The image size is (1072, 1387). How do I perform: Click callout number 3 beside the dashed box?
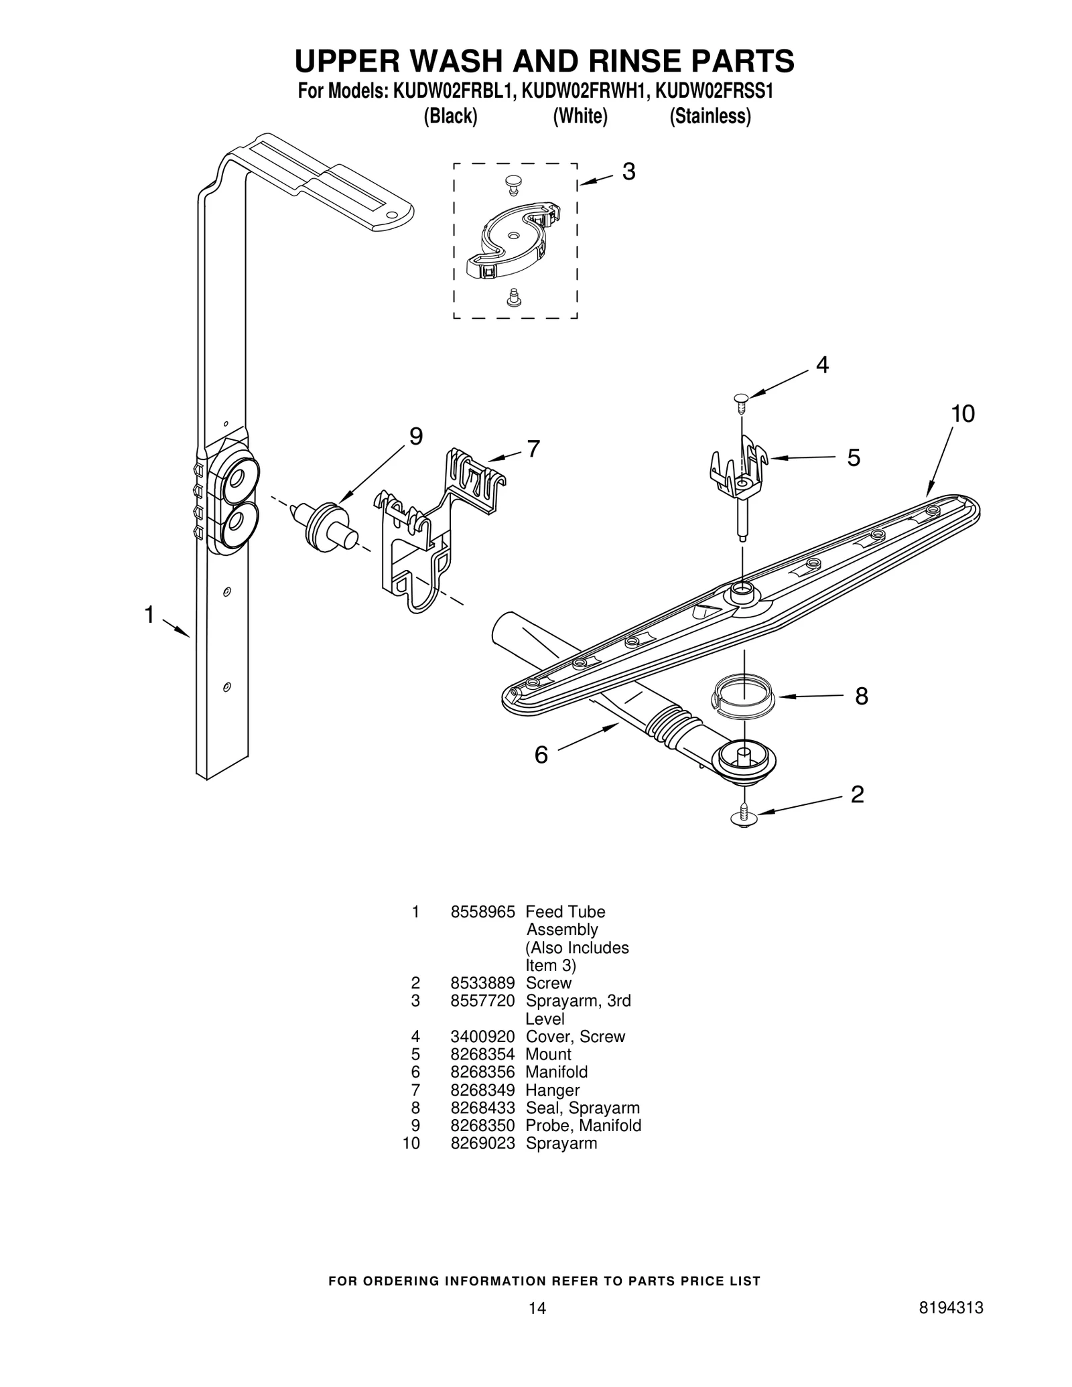point(628,172)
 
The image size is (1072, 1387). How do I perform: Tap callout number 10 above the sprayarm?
point(962,414)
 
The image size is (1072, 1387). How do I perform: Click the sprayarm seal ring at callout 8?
point(742,697)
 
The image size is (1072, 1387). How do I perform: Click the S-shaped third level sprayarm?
point(514,239)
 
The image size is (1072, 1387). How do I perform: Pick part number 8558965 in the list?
point(482,911)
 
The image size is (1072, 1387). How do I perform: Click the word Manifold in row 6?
point(556,1072)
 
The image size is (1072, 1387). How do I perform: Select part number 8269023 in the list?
point(482,1143)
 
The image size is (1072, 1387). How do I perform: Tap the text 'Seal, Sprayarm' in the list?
point(582,1107)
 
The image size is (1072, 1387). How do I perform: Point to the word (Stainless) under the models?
point(710,117)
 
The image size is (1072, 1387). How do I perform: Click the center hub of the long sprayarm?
point(741,589)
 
